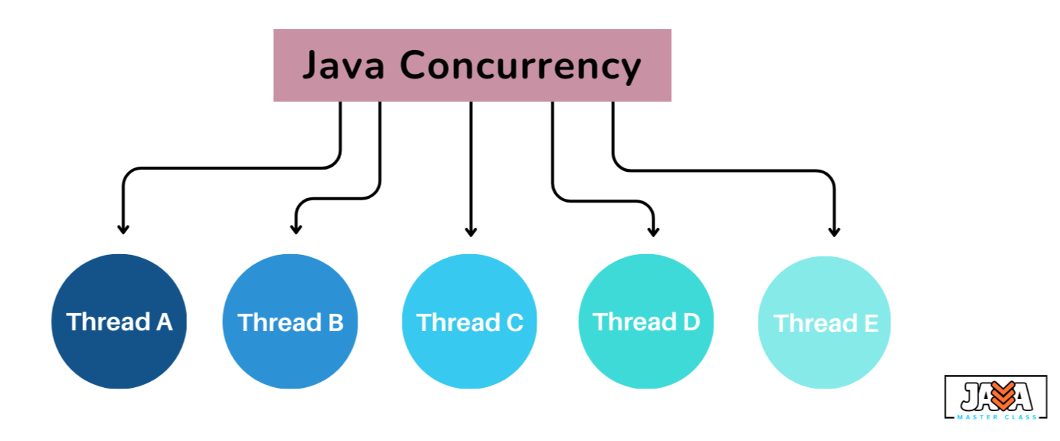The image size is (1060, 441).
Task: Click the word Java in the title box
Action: [343, 66]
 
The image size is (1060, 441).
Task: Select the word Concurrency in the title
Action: [521, 67]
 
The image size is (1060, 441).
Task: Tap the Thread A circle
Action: [119, 321]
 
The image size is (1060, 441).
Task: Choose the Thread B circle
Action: [290, 321]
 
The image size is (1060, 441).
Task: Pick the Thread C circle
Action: [470, 321]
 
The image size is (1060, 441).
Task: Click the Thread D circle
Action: [646, 321]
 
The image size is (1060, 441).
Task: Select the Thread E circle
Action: [824, 322]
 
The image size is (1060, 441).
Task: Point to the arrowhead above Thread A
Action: [123, 229]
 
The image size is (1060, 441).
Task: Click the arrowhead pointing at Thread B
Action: [296, 229]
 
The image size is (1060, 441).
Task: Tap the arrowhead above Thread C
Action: [471, 232]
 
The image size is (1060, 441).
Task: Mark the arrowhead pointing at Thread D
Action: [654, 232]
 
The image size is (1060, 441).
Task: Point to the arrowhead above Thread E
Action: [834, 232]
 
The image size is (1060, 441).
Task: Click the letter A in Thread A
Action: [165, 322]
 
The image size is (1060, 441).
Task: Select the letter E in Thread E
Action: [871, 324]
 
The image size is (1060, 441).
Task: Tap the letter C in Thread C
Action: [515, 323]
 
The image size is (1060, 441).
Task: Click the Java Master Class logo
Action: [996, 397]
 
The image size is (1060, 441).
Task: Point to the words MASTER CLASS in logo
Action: [997, 417]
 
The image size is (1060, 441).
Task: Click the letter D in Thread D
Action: [691, 322]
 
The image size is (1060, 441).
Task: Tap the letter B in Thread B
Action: [336, 323]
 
